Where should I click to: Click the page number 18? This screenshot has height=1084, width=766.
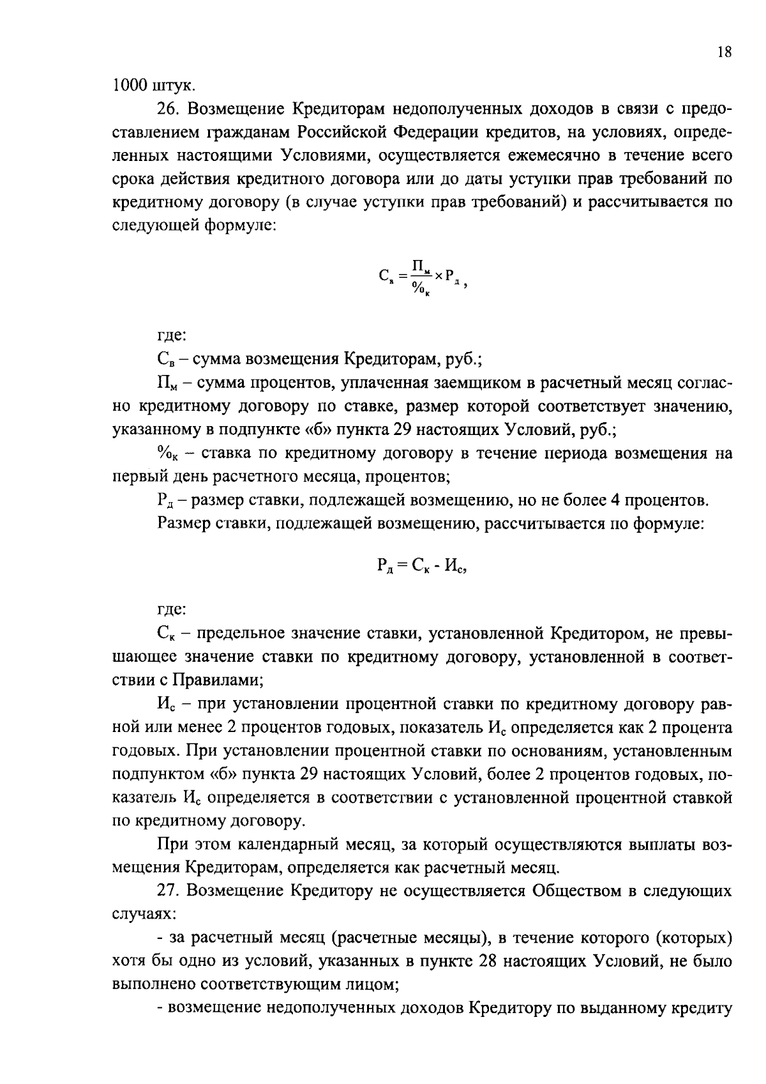point(724,54)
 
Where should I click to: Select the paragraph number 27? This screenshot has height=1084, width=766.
point(168,891)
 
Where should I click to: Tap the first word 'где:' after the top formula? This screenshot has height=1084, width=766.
point(172,335)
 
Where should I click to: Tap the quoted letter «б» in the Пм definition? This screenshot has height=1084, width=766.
point(366,429)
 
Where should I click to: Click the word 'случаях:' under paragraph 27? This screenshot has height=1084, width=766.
point(135,914)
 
